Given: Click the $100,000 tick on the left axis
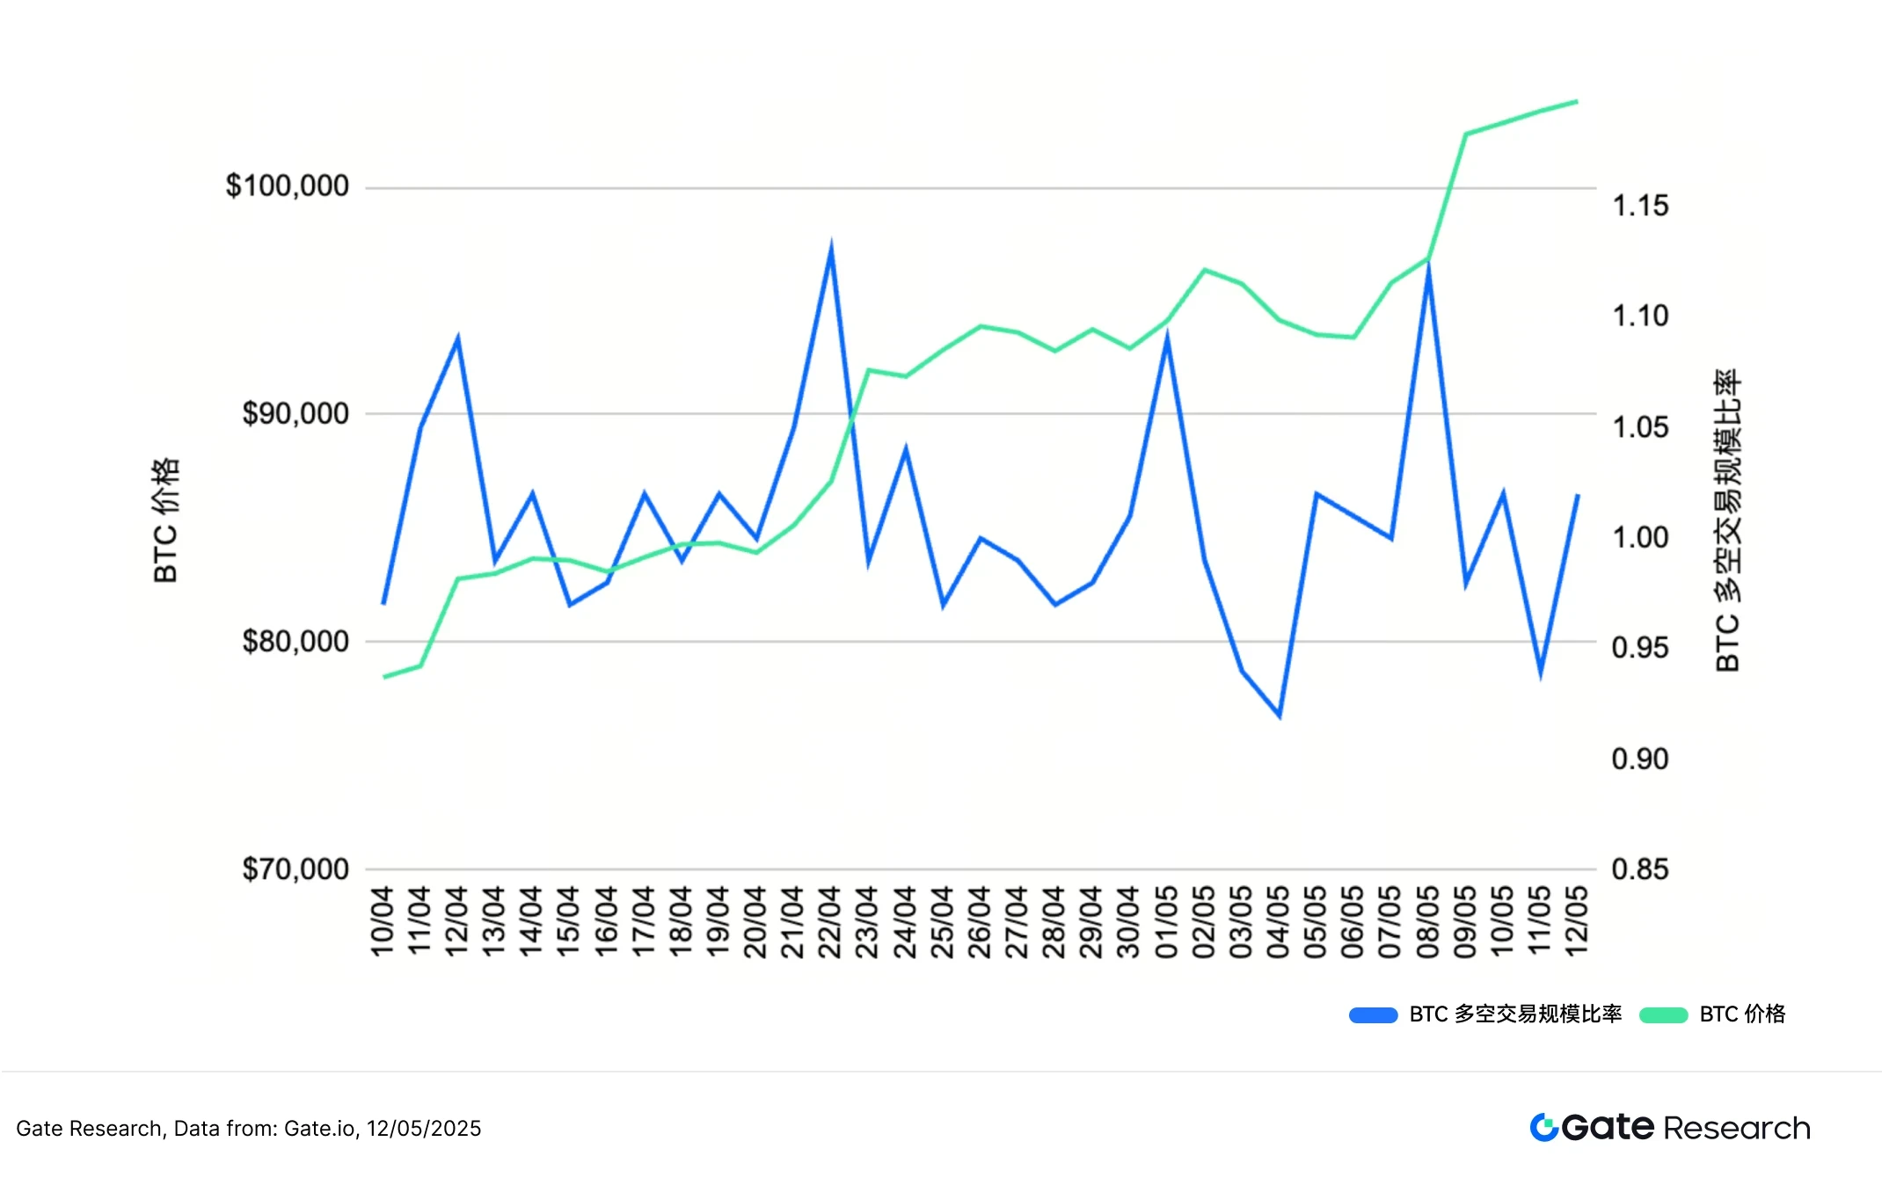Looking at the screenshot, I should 287,186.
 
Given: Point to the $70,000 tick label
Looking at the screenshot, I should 295,869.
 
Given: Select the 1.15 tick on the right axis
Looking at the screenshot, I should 1639,206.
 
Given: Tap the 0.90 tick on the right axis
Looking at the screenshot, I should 1639,759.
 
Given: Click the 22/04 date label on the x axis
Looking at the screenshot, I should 830,922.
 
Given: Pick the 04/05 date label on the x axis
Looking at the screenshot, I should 1279,922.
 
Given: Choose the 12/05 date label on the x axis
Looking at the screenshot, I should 1578,922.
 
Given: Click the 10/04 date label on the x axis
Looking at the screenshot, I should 383,922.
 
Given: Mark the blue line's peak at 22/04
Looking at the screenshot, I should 831,247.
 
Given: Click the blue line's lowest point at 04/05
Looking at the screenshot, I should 1280,716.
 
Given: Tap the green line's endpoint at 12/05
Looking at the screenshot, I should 1577,102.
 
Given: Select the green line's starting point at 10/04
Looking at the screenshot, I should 383,677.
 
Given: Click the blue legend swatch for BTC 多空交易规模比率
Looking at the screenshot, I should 1373,1015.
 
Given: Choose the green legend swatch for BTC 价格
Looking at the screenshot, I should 1663,1015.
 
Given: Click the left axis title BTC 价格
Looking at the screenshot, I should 165,520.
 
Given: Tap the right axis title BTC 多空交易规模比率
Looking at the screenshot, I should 1728,520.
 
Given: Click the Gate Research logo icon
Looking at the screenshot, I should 1543,1127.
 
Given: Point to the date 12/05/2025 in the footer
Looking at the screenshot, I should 424,1129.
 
